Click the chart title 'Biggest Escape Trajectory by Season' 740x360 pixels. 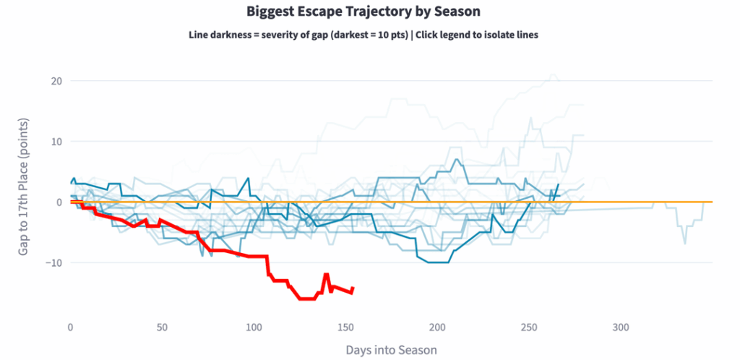(363, 12)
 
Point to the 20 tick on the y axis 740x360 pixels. (56, 81)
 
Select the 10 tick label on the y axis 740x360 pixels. (56, 141)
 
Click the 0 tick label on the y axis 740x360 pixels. (59, 202)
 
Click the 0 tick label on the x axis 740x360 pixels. (70, 327)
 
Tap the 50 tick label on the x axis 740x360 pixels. (162, 327)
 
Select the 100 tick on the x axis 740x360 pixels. (254, 327)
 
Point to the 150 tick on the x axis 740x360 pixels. (345, 327)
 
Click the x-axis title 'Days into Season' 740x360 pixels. (391, 350)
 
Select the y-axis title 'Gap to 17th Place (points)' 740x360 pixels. (24, 188)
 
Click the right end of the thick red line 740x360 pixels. (353, 288)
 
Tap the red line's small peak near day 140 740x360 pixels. (327, 275)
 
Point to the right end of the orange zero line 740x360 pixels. (713, 202)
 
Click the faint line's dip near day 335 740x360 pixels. (684, 243)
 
